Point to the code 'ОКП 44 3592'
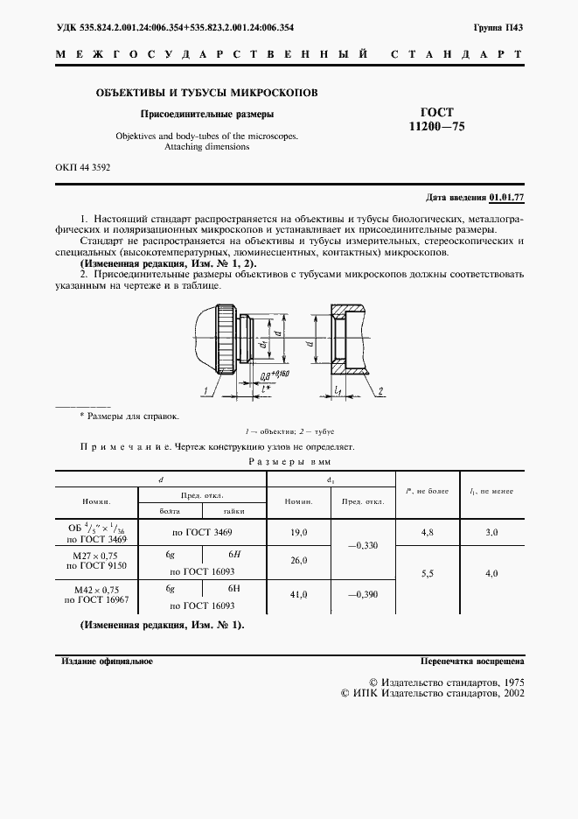(84, 166)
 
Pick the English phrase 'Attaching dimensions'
(206, 147)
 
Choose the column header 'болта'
(170, 510)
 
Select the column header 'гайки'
(233, 510)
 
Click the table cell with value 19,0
(298, 531)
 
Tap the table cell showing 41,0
(298, 594)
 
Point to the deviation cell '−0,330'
(362, 546)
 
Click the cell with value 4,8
(428, 531)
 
